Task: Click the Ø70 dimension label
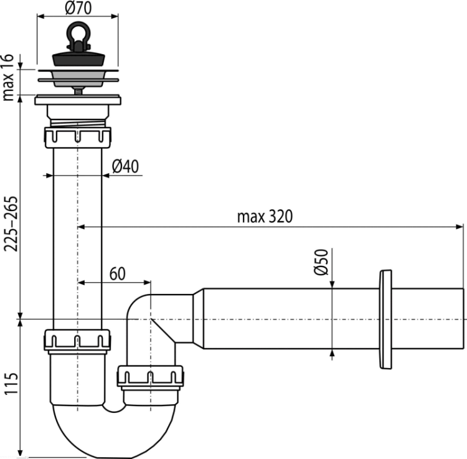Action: [78, 8]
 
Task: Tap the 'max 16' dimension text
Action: [8, 78]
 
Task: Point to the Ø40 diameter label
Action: [125, 166]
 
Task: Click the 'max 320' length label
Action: [265, 217]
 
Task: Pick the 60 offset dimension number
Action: [117, 274]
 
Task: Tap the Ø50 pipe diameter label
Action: [321, 262]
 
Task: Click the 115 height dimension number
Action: [12, 384]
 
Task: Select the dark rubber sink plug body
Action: [78, 59]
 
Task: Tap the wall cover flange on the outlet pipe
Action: [385, 319]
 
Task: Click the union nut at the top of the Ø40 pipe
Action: [77, 137]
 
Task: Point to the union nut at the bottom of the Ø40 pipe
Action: [77, 339]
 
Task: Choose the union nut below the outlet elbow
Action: [150, 376]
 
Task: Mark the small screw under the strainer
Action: [78, 91]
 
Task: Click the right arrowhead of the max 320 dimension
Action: [460, 227]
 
